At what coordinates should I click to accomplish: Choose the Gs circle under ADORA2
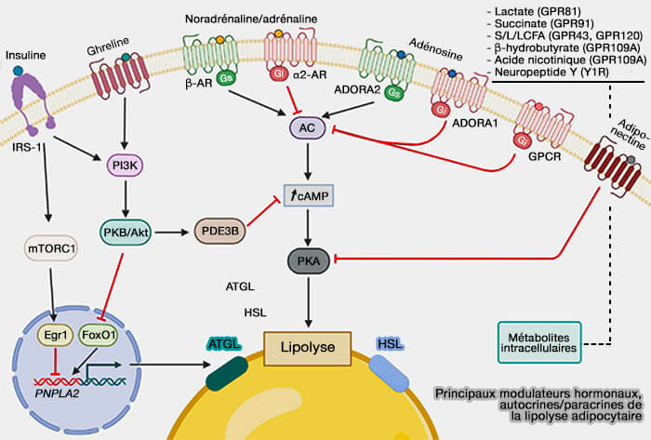pyautogui.click(x=394, y=92)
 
